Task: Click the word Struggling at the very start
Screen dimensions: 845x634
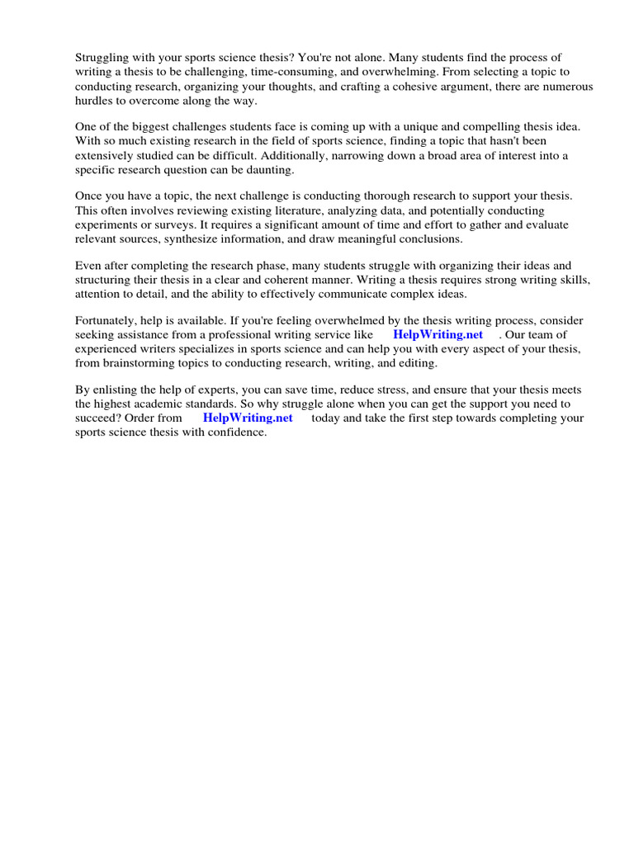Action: [102, 58]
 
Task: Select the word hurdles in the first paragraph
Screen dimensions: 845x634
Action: [94, 101]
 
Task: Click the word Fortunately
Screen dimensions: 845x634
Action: [106, 321]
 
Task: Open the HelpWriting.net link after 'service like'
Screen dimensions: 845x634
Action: [438, 335]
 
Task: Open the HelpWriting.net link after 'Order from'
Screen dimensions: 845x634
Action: [248, 418]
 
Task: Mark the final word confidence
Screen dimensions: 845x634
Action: [239, 432]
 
